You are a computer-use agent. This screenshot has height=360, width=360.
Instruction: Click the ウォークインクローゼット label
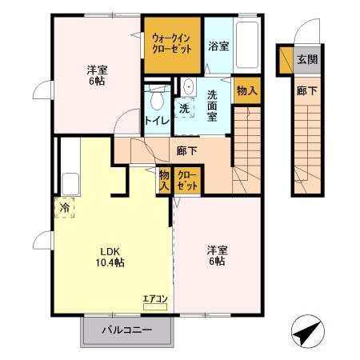tap(172, 42)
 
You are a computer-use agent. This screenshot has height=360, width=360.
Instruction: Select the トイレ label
tap(155, 120)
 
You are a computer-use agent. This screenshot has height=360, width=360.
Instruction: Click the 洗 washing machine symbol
tap(184, 108)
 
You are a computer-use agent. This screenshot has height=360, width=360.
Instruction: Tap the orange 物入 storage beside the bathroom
tap(247, 91)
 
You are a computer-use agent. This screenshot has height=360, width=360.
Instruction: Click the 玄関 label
tap(309, 59)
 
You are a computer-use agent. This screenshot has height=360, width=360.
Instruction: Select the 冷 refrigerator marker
tap(63, 207)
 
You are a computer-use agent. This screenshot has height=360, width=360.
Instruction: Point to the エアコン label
tap(155, 299)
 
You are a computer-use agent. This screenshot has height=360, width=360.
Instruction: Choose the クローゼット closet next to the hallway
tap(188, 179)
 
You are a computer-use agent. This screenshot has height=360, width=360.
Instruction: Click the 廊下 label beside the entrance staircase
tap(306, 91)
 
